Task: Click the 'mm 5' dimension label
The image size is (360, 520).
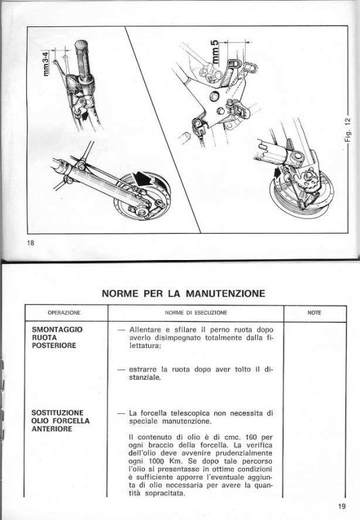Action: point(215,51)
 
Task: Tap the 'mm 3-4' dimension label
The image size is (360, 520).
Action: point(47,63)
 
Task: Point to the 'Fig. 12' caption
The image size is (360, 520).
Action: point(348,129)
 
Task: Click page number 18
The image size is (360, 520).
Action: point(30,243)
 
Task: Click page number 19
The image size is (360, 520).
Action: point(342,506)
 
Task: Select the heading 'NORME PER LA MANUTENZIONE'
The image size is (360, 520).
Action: point(183,293)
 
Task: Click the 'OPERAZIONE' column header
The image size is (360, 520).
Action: point(64,313)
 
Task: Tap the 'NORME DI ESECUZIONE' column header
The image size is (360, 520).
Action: point(196,313)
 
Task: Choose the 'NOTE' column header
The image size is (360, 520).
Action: point(314,313)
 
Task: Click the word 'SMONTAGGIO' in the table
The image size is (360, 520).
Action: point(57,330)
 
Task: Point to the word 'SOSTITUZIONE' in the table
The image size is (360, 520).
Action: point(58,413)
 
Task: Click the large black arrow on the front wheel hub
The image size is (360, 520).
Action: point(143,179)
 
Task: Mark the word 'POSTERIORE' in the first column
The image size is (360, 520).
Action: point(54,345)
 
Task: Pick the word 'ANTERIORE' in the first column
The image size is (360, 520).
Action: point(51,429)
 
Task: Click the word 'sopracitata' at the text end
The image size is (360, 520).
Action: point(164,494)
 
